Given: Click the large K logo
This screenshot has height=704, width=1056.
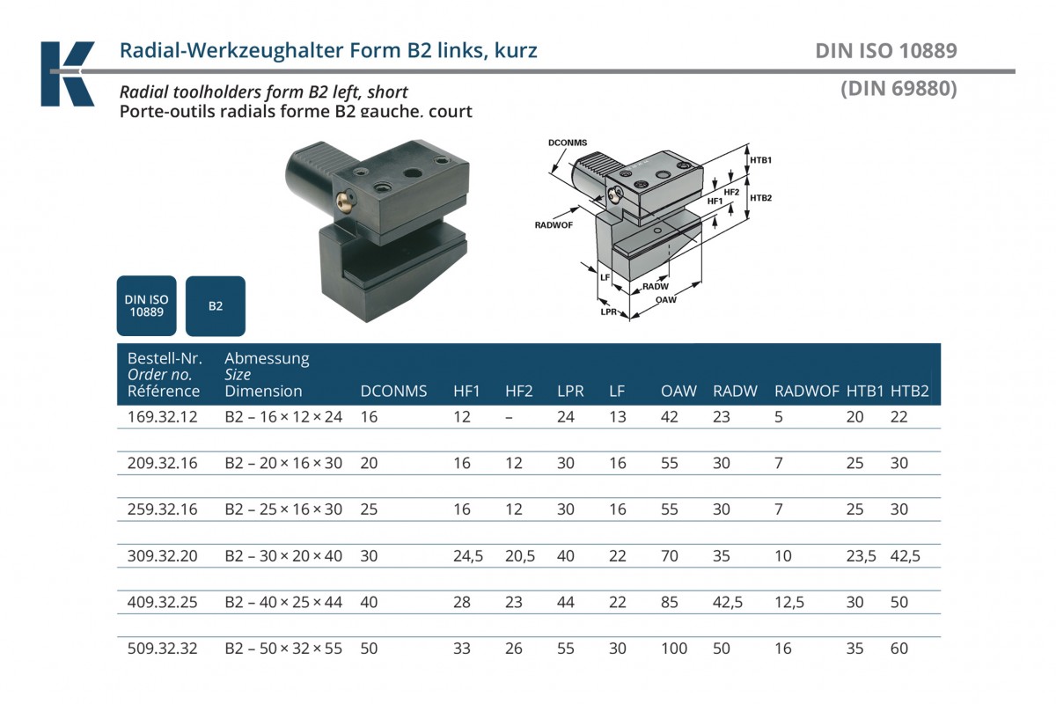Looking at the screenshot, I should coord(68,74).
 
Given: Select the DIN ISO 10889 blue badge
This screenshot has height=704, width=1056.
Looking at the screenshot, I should coord(147,305).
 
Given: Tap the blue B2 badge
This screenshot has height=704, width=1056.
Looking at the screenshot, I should coord(216,306).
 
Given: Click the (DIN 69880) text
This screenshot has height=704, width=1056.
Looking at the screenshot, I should coord(898,88).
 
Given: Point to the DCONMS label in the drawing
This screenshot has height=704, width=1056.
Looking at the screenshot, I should coord(567,142).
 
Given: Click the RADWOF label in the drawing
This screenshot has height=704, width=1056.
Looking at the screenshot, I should coord(554,225).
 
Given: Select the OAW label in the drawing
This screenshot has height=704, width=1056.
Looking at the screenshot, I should coord(666,300).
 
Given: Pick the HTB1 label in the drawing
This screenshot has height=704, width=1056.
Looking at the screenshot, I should coord(760,160).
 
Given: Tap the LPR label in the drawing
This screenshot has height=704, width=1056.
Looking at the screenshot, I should coord(608,312).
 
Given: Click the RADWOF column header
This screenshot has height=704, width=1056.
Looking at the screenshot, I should coord(806,392).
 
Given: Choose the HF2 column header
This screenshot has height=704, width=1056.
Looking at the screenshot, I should coord(519,392).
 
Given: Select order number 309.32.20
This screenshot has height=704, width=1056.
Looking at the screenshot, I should coord(163,556).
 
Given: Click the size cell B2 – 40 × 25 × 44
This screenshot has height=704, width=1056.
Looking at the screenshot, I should coord(283,603).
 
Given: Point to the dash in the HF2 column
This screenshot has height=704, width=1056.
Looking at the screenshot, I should coord(510,417).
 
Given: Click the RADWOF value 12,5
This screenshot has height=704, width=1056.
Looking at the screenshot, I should coord(788,603).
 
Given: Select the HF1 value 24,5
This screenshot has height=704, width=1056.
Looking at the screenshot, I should coord(468,556).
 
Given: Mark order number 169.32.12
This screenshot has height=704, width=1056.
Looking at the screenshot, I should coord(163,417).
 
